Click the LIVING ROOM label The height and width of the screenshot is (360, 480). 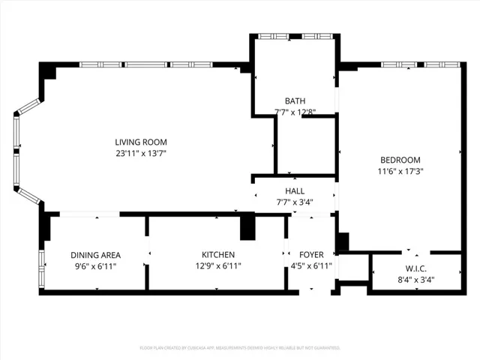141,142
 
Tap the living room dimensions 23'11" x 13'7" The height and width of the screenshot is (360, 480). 141,154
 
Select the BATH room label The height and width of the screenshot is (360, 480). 295,101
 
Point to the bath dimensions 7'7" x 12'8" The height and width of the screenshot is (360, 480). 295,112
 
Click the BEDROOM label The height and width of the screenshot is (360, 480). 400,160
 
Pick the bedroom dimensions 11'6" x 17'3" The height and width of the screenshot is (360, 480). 400,171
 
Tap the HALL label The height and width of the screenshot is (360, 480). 294,190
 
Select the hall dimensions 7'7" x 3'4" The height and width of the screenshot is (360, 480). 294,202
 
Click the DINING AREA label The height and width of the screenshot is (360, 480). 96,255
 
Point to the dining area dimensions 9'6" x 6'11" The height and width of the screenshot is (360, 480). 96,266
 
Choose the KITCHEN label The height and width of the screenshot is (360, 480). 218,255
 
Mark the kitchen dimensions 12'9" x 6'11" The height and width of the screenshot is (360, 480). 218,266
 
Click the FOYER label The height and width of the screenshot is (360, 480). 310,255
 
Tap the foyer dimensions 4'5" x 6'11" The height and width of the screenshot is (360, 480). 310,266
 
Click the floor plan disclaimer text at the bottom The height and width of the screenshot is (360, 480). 240,348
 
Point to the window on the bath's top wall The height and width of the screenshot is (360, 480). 295,36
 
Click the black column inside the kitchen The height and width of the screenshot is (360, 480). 246,227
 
